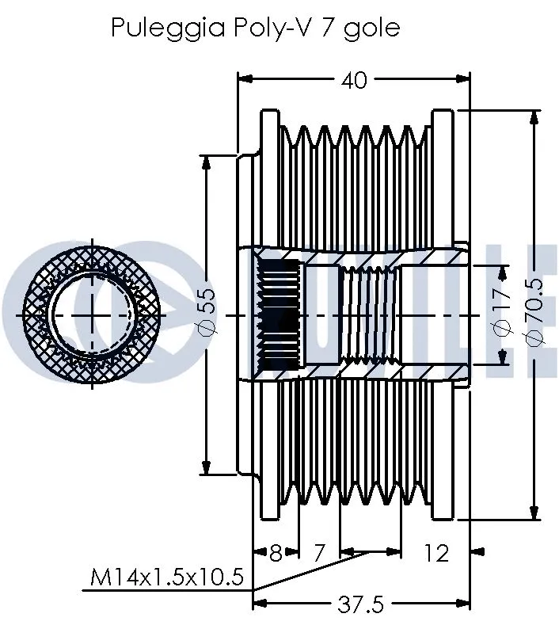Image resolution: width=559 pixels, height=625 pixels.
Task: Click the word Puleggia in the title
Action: pyautogui.click(x=158, y=29)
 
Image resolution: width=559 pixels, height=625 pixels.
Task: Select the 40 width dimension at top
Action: pyautogui.click(x=354, y=80)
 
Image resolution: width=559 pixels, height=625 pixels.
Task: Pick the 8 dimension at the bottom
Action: pyautogui.click(x=276, y=552)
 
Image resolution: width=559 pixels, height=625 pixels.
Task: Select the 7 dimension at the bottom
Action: pyautogui.click(x=318, y=552)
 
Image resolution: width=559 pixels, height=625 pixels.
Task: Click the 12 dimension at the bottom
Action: pyautogui.click(x=436, y=552)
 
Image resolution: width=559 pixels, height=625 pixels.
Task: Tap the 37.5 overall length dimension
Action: pyautogui.click(x=361, y=604)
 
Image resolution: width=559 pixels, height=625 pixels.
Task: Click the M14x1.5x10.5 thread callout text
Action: pyautogui.click(x=166, y=579)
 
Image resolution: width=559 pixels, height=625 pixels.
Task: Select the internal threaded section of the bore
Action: pyautogui.click(x=369, y=315)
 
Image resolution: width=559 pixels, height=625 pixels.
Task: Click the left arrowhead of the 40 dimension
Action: pyautogui.click(x=245, y=79)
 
